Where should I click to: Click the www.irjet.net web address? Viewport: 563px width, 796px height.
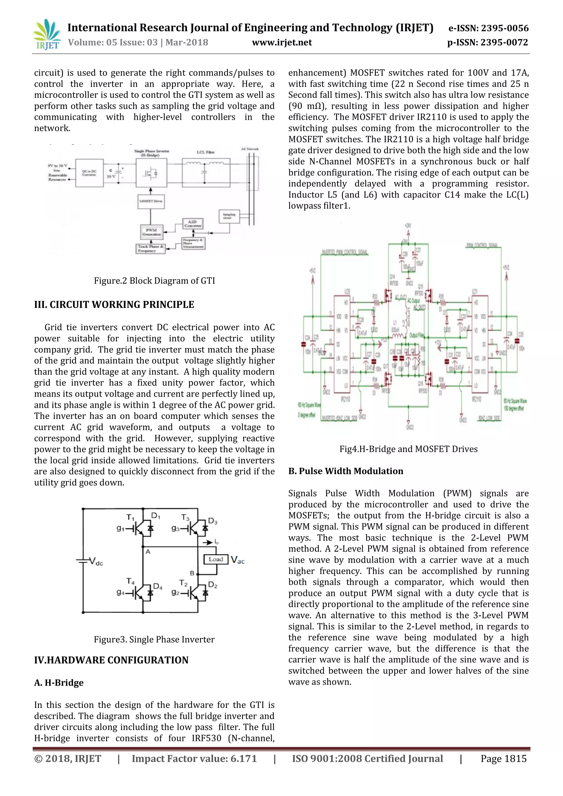[282, 42]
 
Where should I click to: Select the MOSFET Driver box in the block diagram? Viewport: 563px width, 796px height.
[151, 201]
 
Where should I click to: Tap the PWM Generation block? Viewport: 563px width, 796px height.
[151, 232]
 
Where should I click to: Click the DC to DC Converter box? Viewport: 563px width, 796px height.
[89, 173]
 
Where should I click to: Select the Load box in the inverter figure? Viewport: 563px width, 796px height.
[216, 559]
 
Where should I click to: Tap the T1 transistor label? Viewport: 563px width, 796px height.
[130, 517]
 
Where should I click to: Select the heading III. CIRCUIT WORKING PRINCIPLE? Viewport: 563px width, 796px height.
[114, 304]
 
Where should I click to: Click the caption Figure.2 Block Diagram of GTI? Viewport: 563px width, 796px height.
[154, 280]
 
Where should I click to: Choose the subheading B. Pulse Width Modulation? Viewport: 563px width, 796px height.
[346, 471]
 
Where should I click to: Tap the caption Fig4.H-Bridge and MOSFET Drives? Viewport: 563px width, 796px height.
[408, 449]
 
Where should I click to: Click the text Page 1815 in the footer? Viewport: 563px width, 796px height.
[503, 759]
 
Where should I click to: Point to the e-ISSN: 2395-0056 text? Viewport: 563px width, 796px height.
[488, 28]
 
